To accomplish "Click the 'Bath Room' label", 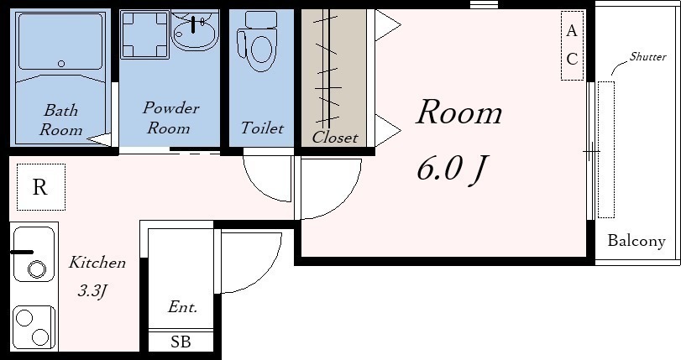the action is point(60,120).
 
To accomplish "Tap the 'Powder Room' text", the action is point(170,117).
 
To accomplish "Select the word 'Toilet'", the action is point(262,128).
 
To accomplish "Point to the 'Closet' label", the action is point(334,138).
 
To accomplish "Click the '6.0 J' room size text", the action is point(453,169).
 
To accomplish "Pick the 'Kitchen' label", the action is point(97,263).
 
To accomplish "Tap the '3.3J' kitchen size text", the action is point(92,290).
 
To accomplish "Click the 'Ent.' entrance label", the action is point(182,307).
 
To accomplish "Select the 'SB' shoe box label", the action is point(181,342).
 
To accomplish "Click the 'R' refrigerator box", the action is point(41,187).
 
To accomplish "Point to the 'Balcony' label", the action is point(636,241).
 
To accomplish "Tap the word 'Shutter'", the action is point(647,56).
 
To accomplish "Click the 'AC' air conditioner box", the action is point(572,45).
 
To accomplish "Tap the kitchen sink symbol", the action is point(34,253).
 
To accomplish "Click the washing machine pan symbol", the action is point(144,34).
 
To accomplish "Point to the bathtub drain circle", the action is point(61,64).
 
